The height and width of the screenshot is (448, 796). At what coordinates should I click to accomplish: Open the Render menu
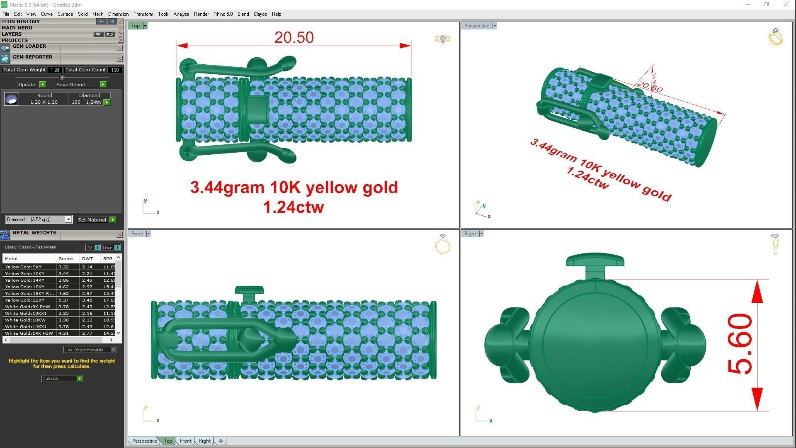point(201,14)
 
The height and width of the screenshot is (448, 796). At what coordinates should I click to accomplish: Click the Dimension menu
point(118,14)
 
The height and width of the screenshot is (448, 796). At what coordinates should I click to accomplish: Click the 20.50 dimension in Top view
point(294,37)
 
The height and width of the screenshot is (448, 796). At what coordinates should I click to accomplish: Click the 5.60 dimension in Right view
point(740,344)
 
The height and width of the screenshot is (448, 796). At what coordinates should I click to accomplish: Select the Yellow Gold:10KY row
point(29,274)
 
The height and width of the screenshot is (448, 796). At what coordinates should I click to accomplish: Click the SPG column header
point(108,258)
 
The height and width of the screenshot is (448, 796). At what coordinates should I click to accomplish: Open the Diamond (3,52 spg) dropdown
point(68,219)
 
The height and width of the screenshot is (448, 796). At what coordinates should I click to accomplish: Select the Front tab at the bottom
point(185,441)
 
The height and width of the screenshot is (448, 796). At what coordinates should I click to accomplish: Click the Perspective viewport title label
point(476,26)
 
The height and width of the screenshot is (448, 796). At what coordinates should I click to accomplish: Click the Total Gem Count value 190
point(115,70)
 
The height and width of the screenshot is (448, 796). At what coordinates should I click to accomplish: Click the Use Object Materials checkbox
point(114,350)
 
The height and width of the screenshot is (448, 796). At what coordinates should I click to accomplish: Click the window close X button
point(785,5)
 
